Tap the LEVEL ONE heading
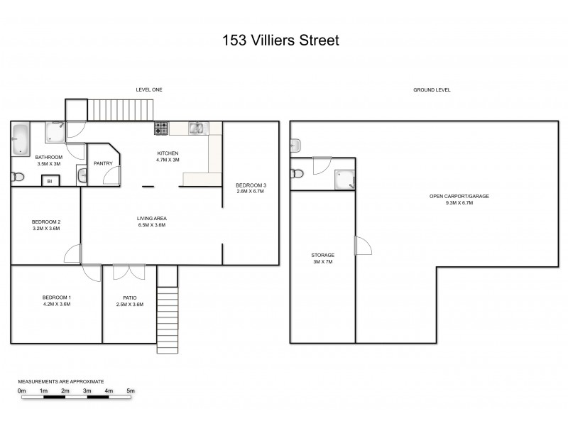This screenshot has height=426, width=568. pos(150,90)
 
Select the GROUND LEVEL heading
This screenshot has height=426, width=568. pos(432,90)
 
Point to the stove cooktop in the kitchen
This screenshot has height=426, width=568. pos(162,129)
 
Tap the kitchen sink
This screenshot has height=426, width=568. pos(197,129)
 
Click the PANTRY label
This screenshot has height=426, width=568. pos(103,163)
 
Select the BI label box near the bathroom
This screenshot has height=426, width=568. pos(50,182)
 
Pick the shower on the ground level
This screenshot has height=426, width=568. pos(344,180)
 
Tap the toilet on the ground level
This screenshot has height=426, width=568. pos(297,174)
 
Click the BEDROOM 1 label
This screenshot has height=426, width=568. pos(56,297)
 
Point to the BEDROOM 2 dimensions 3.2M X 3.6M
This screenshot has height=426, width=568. pos(46,229)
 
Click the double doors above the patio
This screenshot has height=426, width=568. pos(125,272)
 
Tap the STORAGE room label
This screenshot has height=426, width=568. pos(322,255)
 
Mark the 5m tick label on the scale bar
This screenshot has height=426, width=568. pos(130,391)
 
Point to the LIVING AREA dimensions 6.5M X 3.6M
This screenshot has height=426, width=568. pos(151,225)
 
